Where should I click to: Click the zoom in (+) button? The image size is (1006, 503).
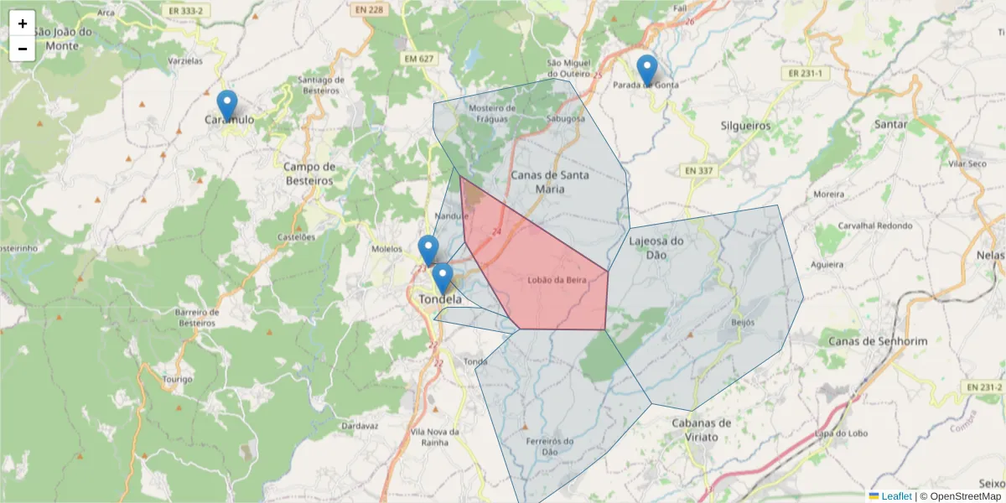coord(23,23)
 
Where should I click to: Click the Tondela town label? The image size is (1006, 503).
coord(439,299)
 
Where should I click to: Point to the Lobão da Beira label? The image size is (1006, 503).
coord(557,280)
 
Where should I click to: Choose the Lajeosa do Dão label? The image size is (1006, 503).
coord(656,247)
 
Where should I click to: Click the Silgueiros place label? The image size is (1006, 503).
coord(745,126)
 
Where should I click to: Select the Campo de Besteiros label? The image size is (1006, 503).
coord(309,173)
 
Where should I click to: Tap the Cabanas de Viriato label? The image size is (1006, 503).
coord(702,429)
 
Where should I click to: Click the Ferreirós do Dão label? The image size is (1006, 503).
coord(549,446)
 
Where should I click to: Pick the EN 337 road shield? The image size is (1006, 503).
coord(697,171)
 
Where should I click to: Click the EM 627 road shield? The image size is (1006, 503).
coord(418,59)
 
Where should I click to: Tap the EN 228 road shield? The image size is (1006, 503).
coord(368,10)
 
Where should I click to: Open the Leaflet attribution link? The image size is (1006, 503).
coord(895,496)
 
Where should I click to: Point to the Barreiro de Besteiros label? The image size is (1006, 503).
coord(197,317)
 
